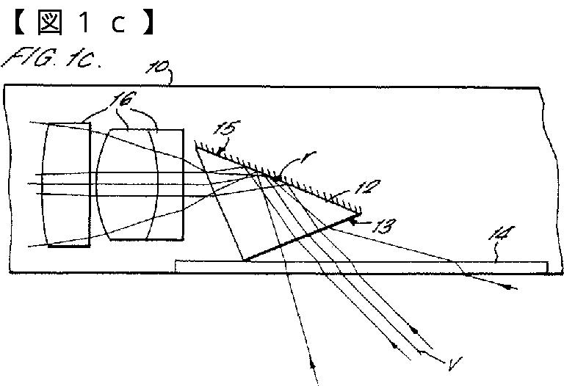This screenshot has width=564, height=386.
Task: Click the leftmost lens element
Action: click(x=67, y=184)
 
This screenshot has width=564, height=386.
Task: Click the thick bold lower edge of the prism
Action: click(x=301, y=237)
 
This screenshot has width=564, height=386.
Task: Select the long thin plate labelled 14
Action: click(x=360, y=266)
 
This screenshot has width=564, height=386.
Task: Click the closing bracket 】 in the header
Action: click(x=151, y=23)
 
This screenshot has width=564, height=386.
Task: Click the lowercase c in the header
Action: click(x=119, y=24)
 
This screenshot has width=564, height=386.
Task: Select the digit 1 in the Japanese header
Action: click(x=85, y=23)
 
